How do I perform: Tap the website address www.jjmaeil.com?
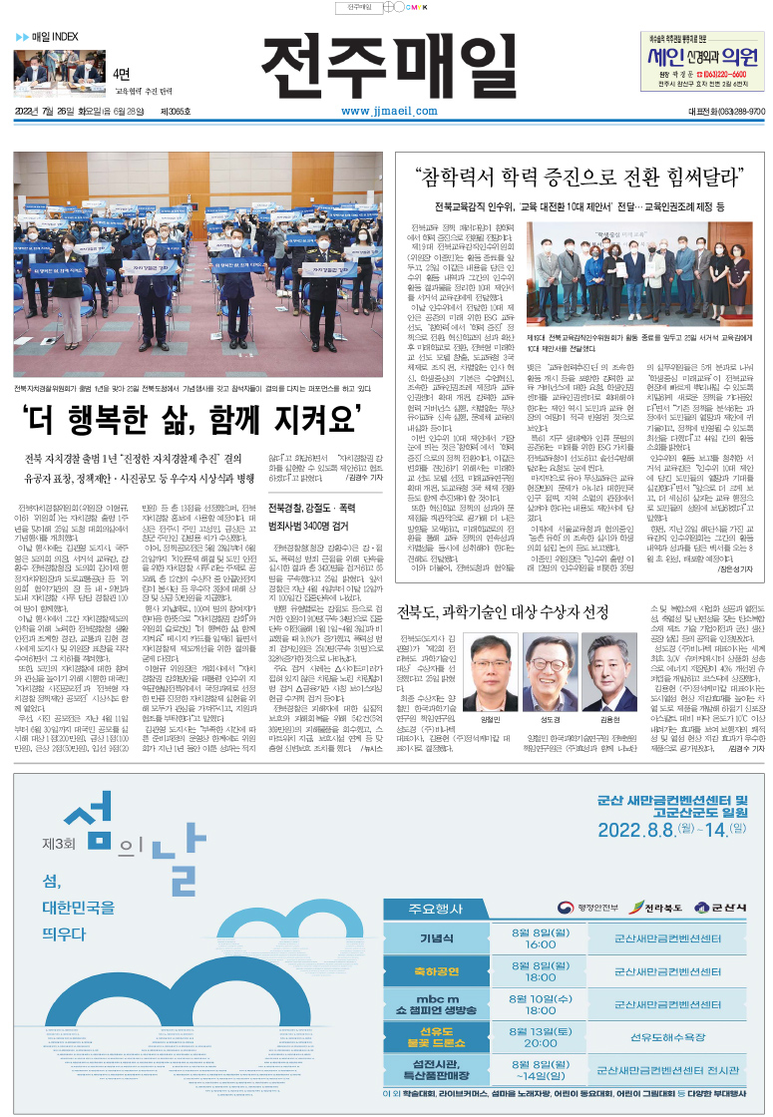click(385, 111)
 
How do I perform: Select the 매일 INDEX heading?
click(48, 37)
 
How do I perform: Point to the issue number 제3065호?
click(175, 111)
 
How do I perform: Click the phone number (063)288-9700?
click(729, 111)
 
